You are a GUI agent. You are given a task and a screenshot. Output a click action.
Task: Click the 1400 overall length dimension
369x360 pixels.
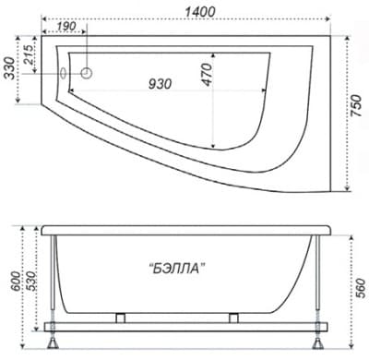[x=200, y=12]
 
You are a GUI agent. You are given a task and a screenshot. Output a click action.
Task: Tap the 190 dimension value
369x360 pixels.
[x=66, y=26]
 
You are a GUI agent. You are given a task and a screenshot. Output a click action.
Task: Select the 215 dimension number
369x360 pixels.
[x=29, y=54]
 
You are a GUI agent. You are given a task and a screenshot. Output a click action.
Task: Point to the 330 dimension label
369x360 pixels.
[x=11, y=68]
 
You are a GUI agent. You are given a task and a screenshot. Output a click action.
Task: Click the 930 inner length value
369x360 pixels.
[x=160, y=84]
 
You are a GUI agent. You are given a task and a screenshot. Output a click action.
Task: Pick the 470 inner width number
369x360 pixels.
[x=207, y=75]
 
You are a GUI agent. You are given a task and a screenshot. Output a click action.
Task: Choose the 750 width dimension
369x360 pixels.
[x=357, y=105]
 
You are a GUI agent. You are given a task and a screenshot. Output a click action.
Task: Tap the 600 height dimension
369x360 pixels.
[x=16, y=282]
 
